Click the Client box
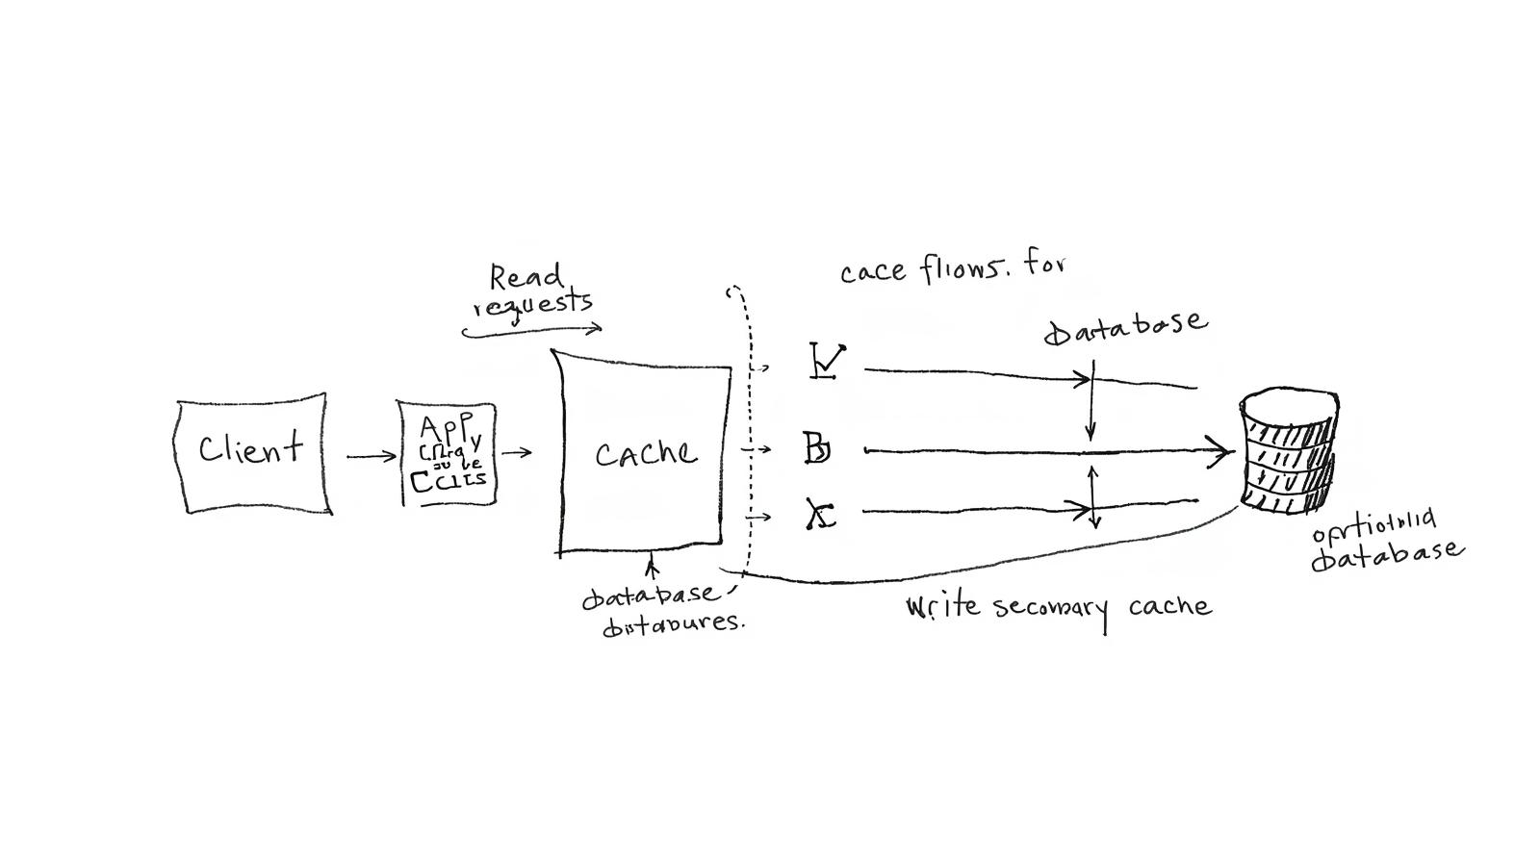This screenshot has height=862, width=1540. (252, 452)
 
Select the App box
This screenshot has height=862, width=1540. (448, 453)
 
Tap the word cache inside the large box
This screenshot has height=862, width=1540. (645, 453)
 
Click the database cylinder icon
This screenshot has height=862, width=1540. (1288, 450)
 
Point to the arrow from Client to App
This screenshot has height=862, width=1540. (371, 456)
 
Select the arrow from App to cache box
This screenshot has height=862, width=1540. (516, 452)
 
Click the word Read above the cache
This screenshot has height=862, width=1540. (526, 277)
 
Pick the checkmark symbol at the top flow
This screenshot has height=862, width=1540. (827, 362)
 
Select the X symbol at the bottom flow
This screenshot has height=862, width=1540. (821, 516)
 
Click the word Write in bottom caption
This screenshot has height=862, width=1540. (942, 607)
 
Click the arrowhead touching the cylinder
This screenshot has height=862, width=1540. (1224, 450)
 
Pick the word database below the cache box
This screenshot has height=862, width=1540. (650, 596)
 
